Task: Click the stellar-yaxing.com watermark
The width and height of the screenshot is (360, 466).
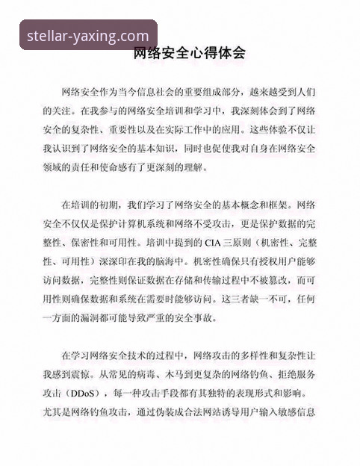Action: (87, 35)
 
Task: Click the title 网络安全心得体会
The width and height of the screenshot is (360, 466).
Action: (189, 54)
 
